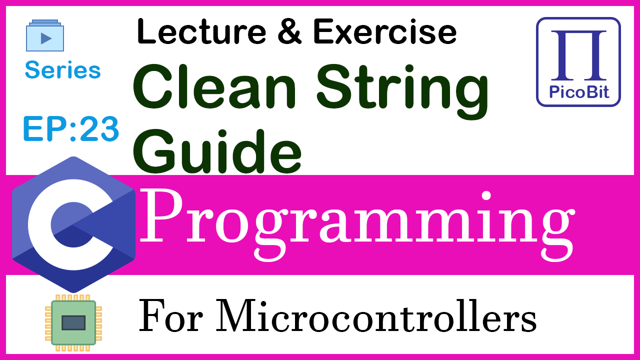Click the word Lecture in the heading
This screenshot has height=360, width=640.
(201, 31)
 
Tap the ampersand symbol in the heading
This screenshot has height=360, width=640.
(289, 31)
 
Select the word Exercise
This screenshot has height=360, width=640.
(385, 31)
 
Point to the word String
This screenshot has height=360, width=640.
(402, 91)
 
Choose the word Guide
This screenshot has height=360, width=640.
(217, 151)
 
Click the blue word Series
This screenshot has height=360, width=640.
(63, 70)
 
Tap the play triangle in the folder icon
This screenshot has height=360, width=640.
(46, 38)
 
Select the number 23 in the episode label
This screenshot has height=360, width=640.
(99, 129)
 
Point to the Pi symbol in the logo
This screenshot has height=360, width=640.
(578, 55)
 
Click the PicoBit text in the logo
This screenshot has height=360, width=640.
(579, 92)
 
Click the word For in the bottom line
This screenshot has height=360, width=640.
(171, 317)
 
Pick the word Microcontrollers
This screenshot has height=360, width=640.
(375, 315)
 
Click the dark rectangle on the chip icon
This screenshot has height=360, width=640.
(73, 323)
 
